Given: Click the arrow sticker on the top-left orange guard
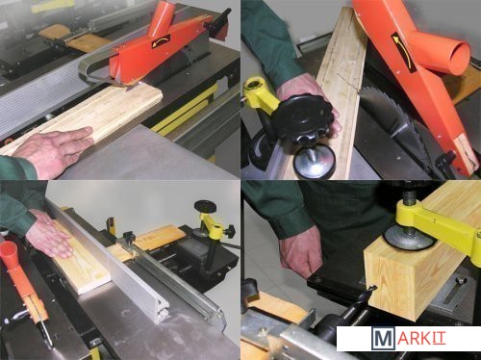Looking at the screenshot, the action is click(161, 41).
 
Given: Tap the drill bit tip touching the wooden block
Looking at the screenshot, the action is click(371, 288).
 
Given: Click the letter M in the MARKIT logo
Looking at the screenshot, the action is click(383, 339).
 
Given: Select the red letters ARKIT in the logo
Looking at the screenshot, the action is click(421, 339).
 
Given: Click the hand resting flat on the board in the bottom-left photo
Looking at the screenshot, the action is click(49, 234).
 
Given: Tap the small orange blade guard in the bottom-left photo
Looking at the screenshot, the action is click(22, 282).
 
